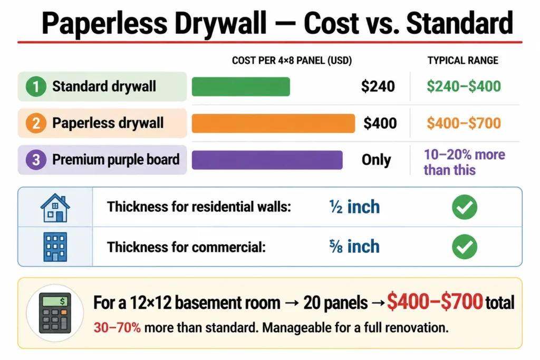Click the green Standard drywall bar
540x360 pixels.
coord(240,86)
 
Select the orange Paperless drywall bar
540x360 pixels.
coord(274,123)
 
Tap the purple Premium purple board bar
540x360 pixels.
coord(267,160)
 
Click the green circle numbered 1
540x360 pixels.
coord(36,86)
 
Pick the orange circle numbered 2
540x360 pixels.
coord(36,123)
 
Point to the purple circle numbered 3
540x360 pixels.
coord(36,160)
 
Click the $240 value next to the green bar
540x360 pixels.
coord(378,86)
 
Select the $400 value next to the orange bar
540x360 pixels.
coord(380,123)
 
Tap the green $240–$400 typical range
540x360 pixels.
coord(464,86)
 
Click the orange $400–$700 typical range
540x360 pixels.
coord(464,123)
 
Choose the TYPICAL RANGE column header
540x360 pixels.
coord(463,61)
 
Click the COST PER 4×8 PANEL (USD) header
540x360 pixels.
coord(292,61)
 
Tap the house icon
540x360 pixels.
coord(55,208)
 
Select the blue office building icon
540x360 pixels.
coord(55,247)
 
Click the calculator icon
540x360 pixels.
coord(55,313)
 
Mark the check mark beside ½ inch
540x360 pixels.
coord(465,207)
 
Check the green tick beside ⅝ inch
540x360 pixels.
coord(465,247)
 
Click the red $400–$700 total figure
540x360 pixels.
coord(435,302)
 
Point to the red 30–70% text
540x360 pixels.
coord(117,328)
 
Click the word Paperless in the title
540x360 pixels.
coord(104,24)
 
